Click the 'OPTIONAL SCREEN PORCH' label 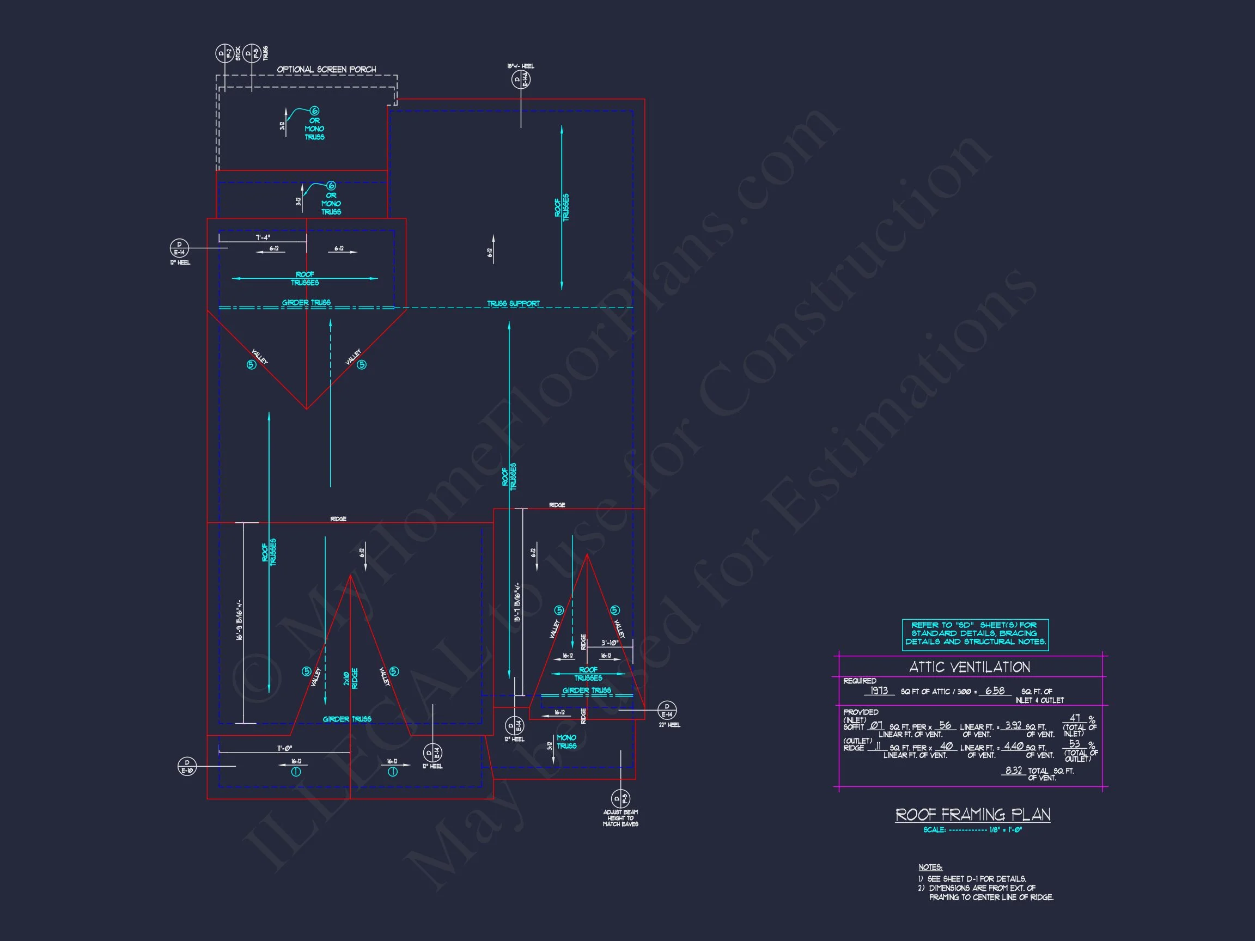[326, 70]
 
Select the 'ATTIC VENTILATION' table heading [969, 667]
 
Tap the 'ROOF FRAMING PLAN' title [972, 815]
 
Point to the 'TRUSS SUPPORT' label [513, 303]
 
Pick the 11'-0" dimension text [284, 748]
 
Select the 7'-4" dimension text [263, 237]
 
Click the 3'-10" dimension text [610, 643]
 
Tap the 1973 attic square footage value [879, 691]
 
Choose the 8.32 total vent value [1013, 770]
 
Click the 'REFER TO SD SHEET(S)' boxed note [974, 633]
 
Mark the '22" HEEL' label [669, 725]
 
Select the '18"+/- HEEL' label [520, 66]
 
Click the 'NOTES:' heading [930, 867]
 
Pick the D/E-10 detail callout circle [187, 766]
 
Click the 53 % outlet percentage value [1074, 744]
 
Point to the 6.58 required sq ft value [995, 691]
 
